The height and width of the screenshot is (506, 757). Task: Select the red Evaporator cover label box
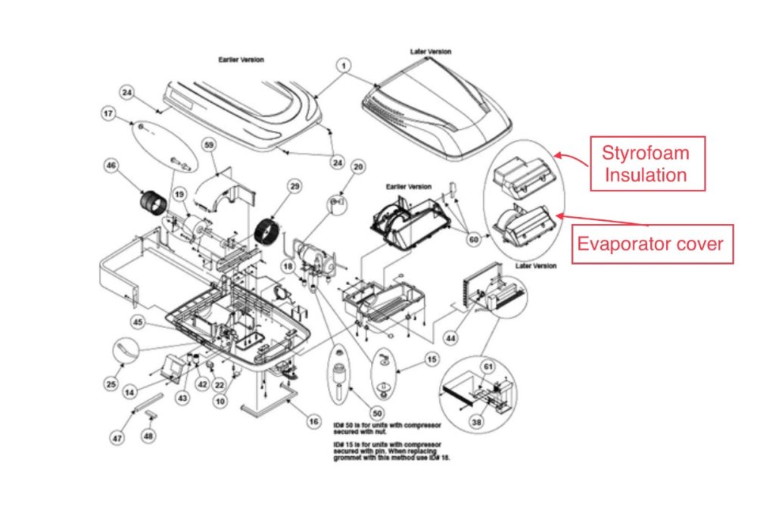652,244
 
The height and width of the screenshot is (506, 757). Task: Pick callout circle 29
294,185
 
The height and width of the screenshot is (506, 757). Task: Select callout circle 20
359,166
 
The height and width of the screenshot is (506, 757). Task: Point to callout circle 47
117,438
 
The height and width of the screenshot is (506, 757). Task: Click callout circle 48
148,436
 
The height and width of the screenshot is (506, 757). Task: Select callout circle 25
111,385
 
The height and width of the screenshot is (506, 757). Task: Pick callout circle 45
138,321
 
